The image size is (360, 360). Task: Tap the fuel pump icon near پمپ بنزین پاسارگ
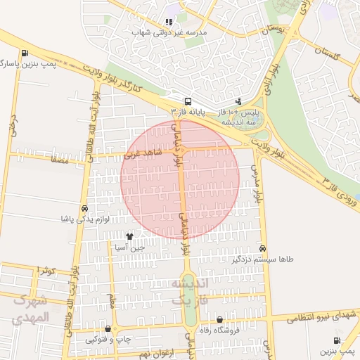click(x=25, y=53)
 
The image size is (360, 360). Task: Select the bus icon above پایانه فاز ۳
click(x=188, y=101)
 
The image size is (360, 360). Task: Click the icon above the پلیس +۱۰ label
click(x=239, y=101)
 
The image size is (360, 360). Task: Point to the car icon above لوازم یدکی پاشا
click(x=84, y=209)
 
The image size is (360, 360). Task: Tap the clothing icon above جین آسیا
click(x=129, y=236)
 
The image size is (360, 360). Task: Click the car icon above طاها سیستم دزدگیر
click(x=262, y=248)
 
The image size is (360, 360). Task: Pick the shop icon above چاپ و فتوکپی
click(x=107, y=328)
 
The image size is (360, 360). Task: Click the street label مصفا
click(x=59, y=161)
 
